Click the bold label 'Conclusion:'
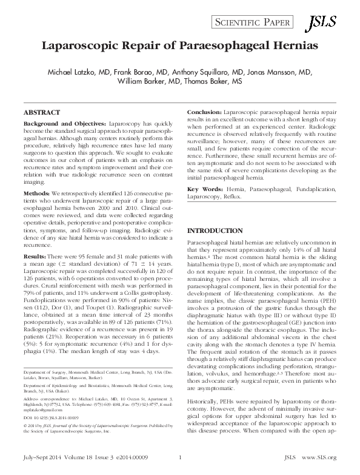tap(205, 113)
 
